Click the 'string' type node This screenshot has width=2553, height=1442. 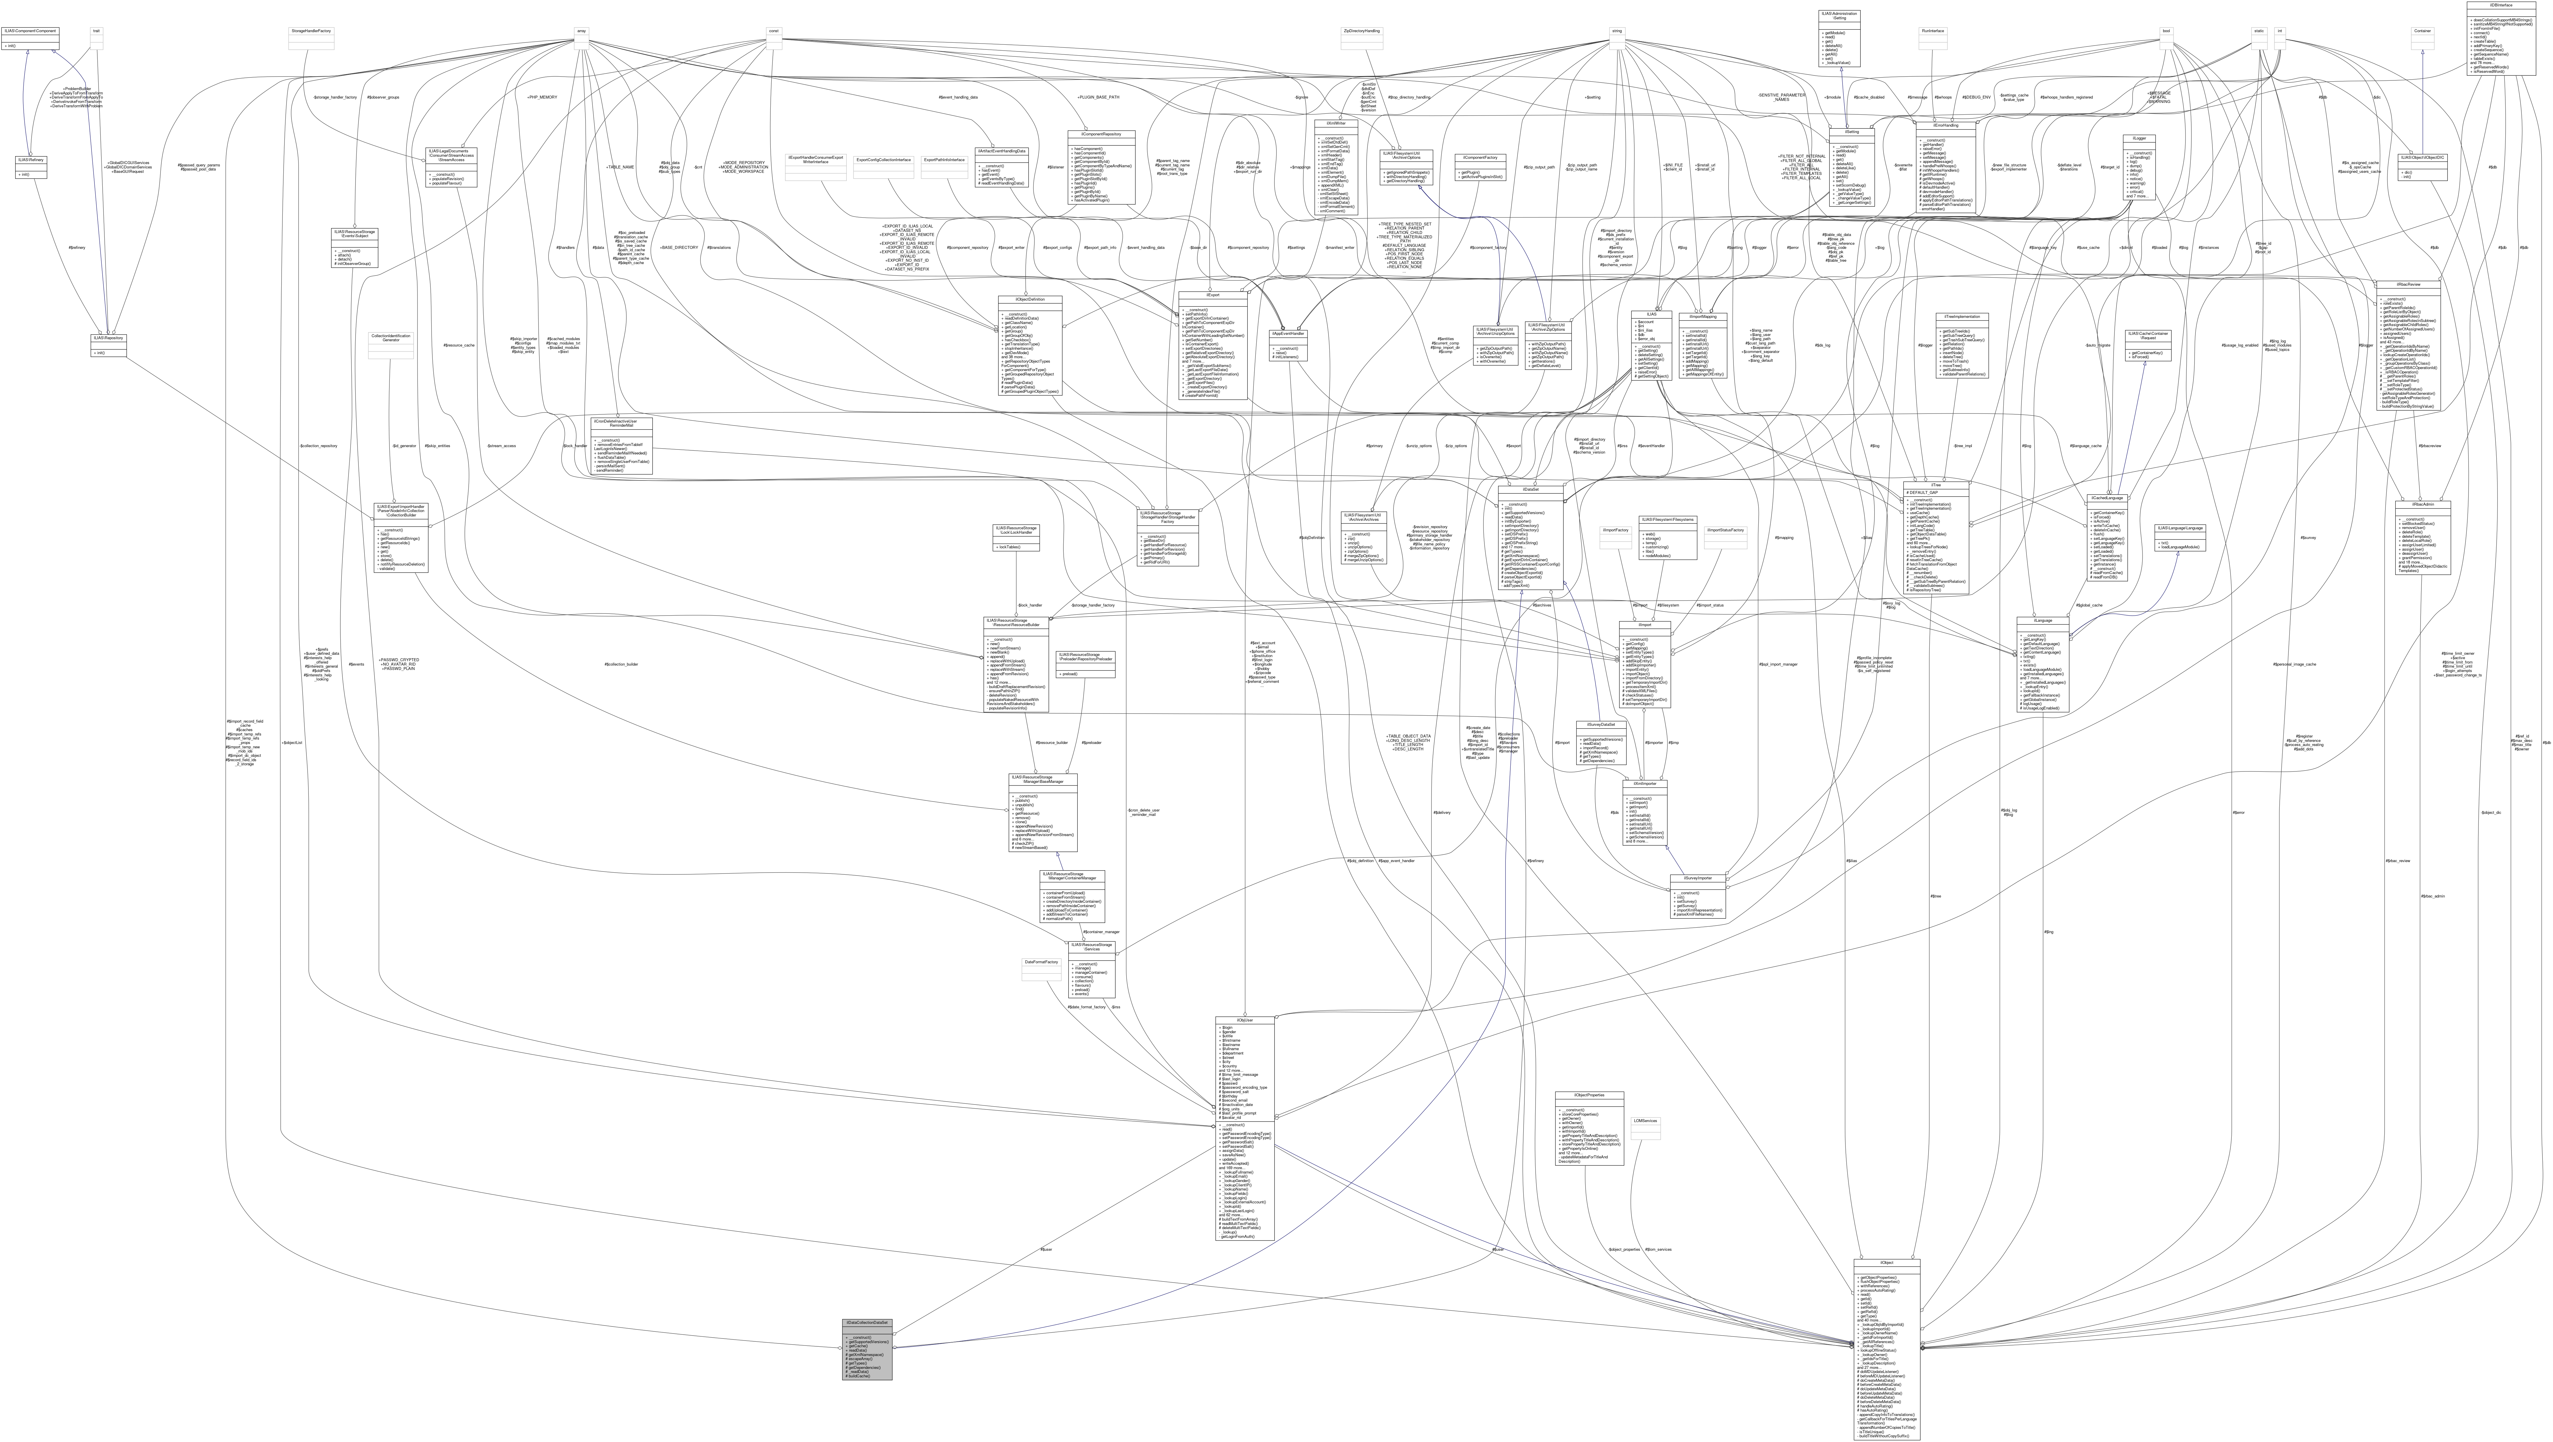click(x=1617, y=31)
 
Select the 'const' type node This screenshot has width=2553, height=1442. click(x=773, y=31)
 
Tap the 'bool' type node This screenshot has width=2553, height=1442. click(x=2167, y=31)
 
